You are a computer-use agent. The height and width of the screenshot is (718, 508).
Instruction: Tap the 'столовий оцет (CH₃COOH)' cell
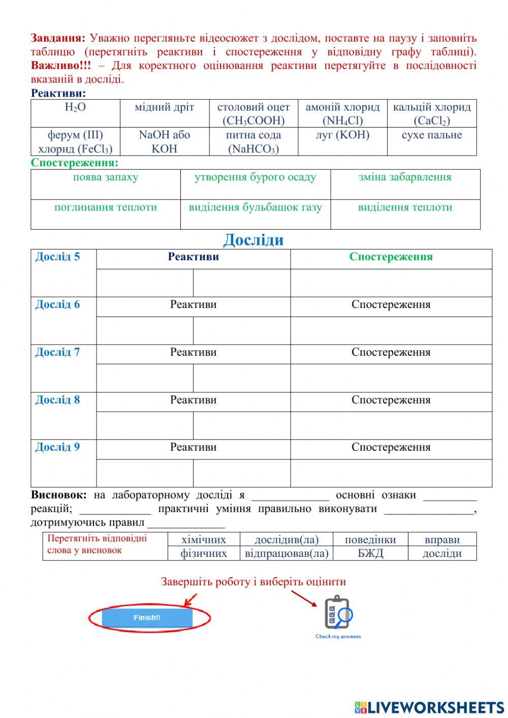coord(253,113)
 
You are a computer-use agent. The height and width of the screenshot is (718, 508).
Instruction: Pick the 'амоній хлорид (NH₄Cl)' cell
coord(342,113)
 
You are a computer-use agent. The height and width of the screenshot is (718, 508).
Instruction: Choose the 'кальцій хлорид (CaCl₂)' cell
coord(432,113)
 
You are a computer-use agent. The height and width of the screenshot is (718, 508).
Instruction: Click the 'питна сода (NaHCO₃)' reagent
coord(253,142)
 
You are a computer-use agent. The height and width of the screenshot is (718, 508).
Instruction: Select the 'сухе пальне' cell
coord(432,135)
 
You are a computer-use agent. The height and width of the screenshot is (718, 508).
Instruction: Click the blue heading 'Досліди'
coord(253,239)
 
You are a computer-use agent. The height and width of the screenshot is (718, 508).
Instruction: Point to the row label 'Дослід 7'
coord(57,352)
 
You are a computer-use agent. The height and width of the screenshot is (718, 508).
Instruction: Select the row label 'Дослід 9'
coord(57,447)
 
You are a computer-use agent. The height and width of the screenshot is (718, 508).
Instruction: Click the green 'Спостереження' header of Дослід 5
coord(391,257)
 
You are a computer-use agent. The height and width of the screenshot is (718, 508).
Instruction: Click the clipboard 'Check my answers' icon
coord(338,613)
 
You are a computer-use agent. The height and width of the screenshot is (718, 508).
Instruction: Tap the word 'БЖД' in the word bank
coord(370,553)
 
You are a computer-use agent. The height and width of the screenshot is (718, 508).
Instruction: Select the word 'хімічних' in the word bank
coord(204,540)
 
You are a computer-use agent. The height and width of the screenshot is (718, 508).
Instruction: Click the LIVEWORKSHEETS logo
coord(429,707)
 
